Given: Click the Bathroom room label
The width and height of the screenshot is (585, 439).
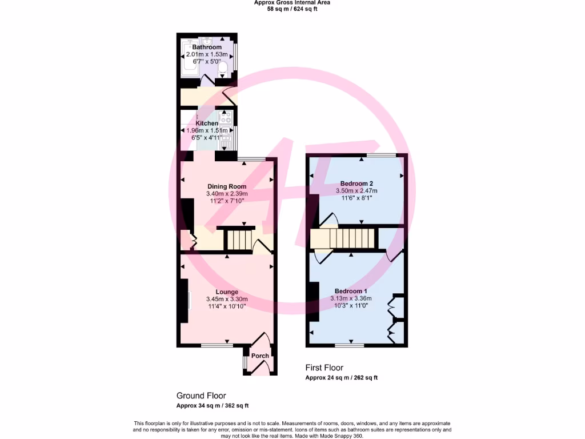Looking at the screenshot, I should [207, 47].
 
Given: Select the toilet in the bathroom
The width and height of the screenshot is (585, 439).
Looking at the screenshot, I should [223, 70].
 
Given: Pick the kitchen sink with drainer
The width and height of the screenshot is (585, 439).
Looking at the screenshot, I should [226, 137].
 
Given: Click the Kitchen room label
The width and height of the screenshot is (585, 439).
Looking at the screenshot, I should [207, 123].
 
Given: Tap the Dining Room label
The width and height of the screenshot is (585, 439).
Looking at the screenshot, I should [227, 186].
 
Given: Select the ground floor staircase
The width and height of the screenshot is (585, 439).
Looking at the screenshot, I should [237, 240].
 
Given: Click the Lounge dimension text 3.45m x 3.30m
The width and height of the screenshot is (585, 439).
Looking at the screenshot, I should [227, 299].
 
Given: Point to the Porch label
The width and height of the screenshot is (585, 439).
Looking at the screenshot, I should [260, 356].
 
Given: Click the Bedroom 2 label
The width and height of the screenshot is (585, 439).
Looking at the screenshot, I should [356, 183].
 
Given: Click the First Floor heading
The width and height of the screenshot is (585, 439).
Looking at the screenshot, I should [324, 368].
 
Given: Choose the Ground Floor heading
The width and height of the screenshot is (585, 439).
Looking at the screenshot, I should [201, 396].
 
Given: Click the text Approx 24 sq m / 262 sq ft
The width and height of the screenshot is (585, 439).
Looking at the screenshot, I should [341, 377].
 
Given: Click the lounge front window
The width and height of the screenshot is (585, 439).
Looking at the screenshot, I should [217, 345].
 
